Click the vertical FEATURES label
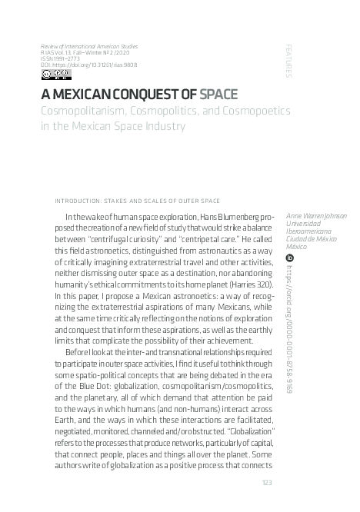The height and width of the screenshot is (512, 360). [288, 59]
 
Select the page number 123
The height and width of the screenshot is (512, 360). [268, 482]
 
